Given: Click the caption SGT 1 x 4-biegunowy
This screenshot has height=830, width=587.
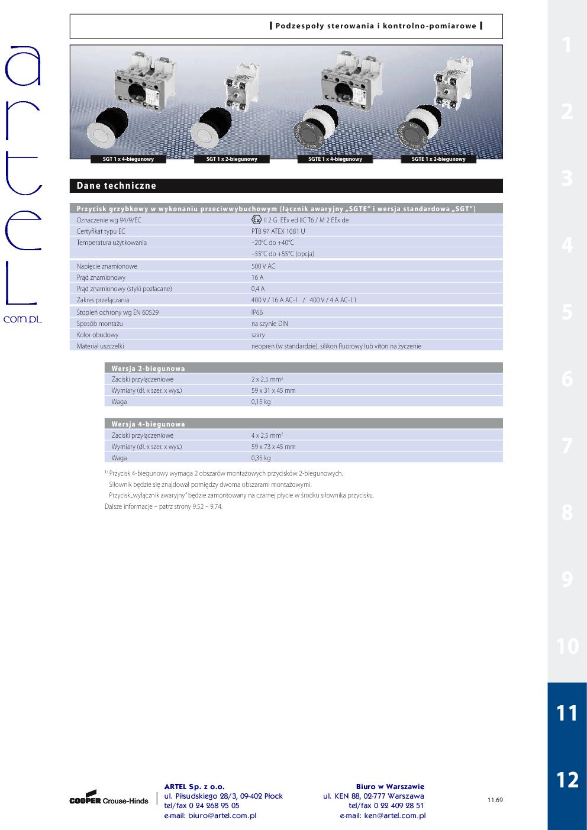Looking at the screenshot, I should point(128,159).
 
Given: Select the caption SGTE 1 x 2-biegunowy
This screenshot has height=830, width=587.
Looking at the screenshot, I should point(438,159).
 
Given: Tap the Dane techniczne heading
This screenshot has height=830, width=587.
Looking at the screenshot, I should point(117,186).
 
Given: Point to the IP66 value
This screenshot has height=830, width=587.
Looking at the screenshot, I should point(257,312).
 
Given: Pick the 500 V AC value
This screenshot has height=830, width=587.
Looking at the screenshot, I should point(263,266).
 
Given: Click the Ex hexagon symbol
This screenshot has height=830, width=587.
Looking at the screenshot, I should point(256,219).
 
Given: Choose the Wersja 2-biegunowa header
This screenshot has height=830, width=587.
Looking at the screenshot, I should point(149,369).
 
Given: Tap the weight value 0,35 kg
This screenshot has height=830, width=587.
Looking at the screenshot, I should point(261,458).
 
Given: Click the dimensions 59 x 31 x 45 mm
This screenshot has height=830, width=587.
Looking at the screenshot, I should point(273,390).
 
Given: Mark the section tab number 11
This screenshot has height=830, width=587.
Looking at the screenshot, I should point(567,713).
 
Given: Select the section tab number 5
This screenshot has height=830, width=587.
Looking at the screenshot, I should point(567,312).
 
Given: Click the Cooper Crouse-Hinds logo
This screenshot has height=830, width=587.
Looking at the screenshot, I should point(109,799).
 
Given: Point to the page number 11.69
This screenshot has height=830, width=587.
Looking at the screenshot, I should point(495,800).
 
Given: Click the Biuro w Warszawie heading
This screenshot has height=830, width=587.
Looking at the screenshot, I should point(390,787).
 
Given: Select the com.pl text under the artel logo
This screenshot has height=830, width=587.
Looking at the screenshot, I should point(22,319).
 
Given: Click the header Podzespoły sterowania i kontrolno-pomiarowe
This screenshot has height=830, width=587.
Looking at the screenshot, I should point(376,26).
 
